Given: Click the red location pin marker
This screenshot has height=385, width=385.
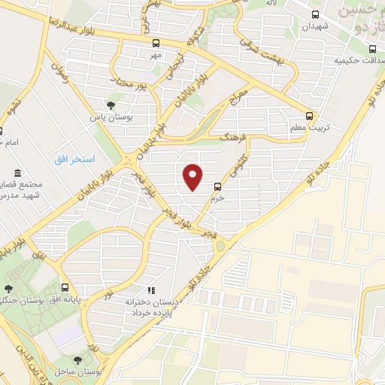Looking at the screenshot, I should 192,175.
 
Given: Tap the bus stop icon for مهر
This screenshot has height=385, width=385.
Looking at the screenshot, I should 156,43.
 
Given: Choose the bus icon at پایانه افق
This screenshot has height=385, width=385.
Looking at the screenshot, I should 65,287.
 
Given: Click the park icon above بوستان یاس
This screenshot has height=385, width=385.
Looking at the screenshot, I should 111,105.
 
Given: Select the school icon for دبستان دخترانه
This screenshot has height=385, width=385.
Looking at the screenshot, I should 151,290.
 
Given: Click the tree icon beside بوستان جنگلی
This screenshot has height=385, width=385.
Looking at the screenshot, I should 8,287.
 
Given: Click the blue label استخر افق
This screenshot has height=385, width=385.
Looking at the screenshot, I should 76,159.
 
